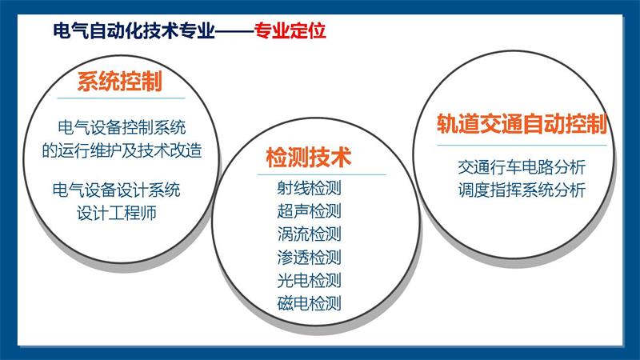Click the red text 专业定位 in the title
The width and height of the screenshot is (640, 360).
(290, 30)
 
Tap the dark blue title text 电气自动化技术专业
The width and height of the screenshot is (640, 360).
(134, 30)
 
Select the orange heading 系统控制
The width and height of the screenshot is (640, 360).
(119, 81)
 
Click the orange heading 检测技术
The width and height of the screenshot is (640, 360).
(309, 157)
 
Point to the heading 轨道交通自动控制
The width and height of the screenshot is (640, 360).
(522, 124)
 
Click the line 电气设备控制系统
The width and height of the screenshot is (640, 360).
(122, 127)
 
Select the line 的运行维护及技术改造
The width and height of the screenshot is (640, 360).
(122, 150)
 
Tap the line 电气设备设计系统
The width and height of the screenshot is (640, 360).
(116, 190)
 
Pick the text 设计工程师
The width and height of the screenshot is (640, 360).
(117, 213)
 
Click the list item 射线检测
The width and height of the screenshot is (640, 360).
(309, 188)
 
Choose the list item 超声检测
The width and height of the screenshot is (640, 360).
(309, 211)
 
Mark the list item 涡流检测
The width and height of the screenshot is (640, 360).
(309, 234)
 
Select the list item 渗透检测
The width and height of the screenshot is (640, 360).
(309, 257)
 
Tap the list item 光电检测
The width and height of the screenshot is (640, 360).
(309, 281)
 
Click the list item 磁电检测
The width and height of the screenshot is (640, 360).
(309, 303)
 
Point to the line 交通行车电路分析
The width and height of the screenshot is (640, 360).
(522, 167)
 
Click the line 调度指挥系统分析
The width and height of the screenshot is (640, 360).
(522, 190)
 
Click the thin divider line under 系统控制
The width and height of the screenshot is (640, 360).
(122, 98)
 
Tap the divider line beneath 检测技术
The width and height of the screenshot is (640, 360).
(322, 174)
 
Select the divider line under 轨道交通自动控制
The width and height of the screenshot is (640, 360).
(522, 145)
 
